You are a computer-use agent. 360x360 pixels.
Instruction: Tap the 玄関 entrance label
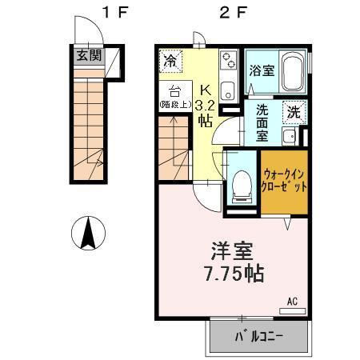(x=90, y=55)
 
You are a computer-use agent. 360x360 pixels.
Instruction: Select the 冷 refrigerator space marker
(x=171, y=60)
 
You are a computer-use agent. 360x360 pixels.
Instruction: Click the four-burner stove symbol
(x=227, y=59)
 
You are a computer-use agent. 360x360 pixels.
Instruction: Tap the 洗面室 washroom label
(x=262, y=122)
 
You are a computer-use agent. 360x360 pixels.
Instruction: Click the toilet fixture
(x=239, y=183)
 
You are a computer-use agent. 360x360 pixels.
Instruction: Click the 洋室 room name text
(x=232, y=249)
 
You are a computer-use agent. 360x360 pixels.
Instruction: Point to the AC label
(x=292, y=302)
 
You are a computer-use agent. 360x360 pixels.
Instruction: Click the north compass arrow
(x=90, y=234)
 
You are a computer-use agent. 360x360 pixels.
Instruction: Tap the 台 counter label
(x=175, y=90)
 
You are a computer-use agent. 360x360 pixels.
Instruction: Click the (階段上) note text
(x=175, y=105)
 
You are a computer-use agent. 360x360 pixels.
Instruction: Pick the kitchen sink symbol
(x=226, y=89)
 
